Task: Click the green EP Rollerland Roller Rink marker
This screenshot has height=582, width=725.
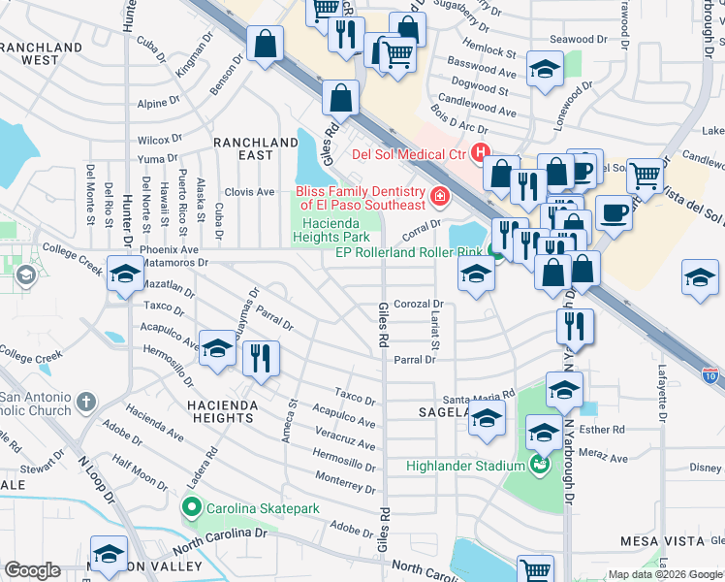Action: [495, 253]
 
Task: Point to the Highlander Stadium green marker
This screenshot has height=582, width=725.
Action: [539, 466]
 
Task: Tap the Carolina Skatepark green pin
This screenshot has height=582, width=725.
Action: [192, 507]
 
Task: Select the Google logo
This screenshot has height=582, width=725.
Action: [32, 570]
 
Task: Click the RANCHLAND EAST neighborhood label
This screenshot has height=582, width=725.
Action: [255, 148]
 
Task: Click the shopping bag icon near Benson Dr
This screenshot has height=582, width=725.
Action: [265, 44]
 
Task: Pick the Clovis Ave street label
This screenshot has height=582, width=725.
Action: [250, 192]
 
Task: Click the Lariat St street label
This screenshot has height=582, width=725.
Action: [435, 332]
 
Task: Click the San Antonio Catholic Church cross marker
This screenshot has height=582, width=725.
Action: [86, 402]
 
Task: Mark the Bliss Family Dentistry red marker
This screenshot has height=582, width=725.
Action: [439, 198]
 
